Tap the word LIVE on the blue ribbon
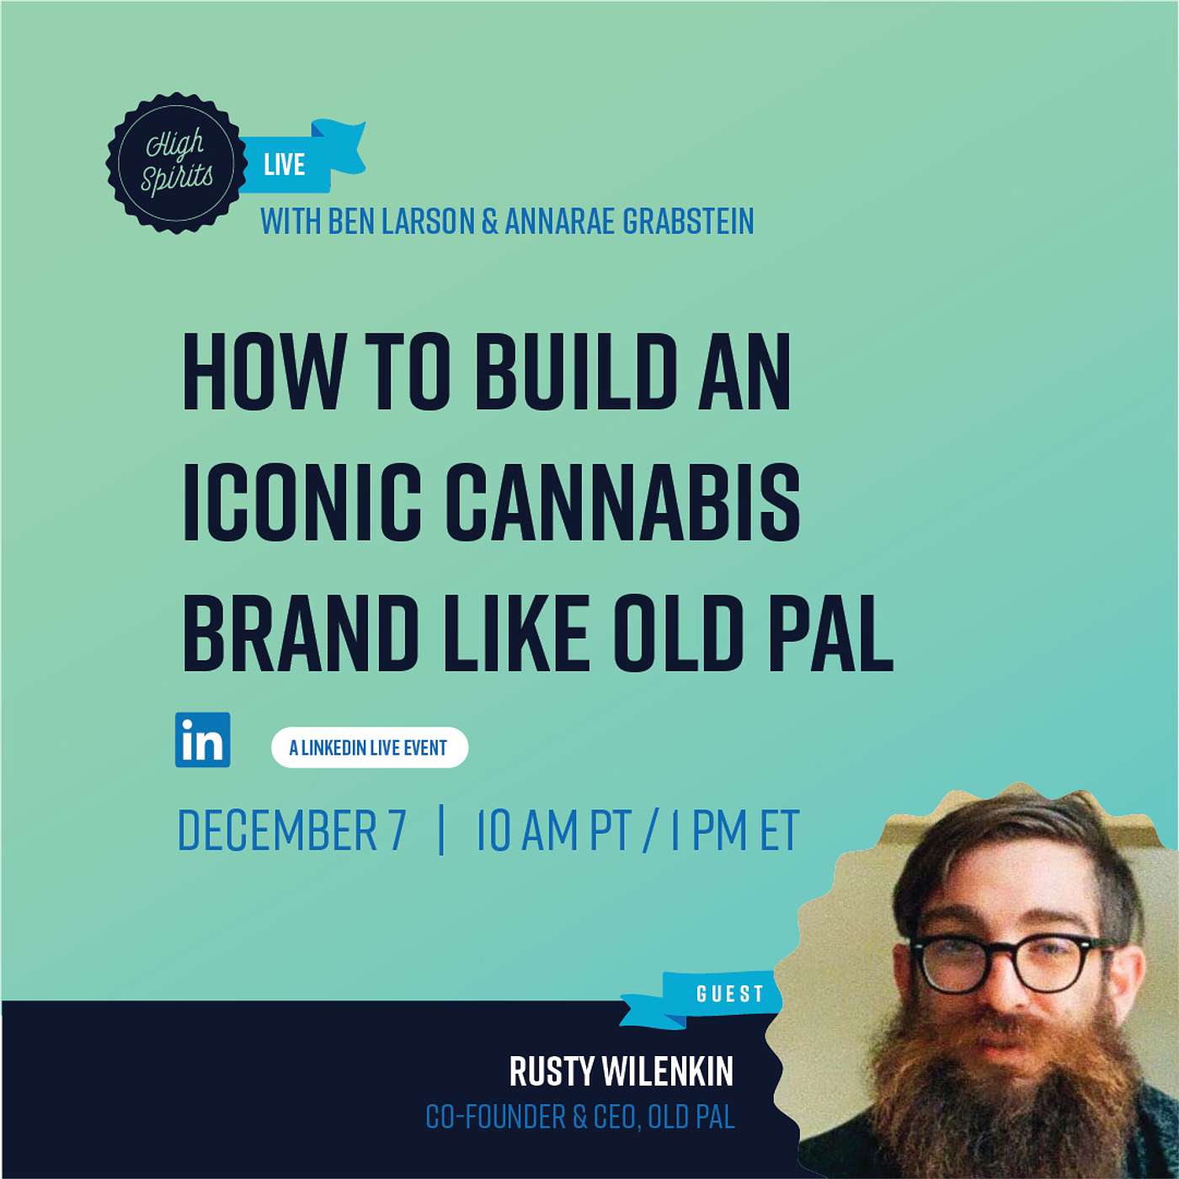click(284, 164)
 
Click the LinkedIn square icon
click(202, 739)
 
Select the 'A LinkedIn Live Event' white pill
click(369, 747)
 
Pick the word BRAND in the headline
click(301, 633)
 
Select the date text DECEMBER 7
click(291, 830)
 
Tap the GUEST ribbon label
click(729, 994)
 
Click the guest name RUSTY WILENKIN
click(621, 1071)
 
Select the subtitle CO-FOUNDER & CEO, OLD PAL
click(579, 1117)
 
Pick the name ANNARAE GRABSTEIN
click(629, 221)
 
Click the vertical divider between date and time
click(441, 830)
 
